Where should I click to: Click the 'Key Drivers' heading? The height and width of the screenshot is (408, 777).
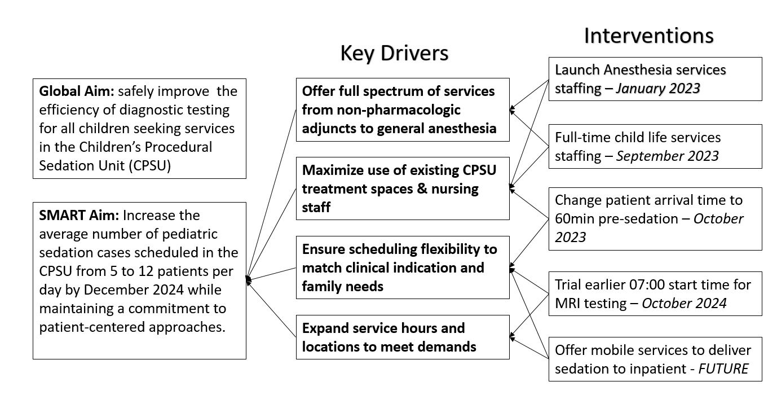[x=394, y=53]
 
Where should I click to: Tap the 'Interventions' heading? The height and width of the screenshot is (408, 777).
[x=648, y=36]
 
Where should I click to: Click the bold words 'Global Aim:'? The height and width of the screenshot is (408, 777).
[x=77, y=91]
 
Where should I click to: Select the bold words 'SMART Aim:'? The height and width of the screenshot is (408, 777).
[x=79, y=215]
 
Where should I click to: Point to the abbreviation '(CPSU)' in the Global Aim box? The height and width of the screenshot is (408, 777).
[x=150, y=166]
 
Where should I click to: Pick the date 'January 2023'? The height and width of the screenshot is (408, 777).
[x=658, y=89]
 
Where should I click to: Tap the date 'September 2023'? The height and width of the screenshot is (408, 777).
[x=668, y=156]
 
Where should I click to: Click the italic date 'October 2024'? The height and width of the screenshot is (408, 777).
[x=684, y=304]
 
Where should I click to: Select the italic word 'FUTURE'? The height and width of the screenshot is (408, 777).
[x=723, y=368]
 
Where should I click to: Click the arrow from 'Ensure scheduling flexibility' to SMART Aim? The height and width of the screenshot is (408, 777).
[x=271, y=274]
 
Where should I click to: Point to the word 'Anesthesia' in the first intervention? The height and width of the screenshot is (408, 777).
[x=638, y=70]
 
